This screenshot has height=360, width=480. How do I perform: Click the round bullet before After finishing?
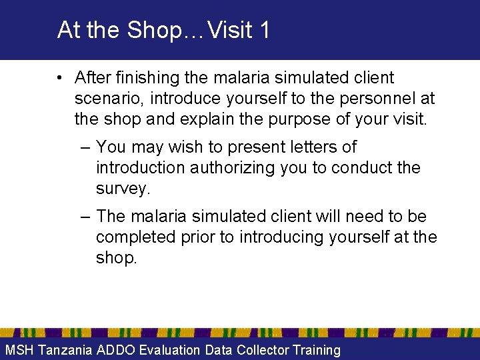pos(61,79)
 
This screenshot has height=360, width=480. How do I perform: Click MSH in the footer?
pos(19,350)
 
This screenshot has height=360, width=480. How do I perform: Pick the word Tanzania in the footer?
pos(65,350)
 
